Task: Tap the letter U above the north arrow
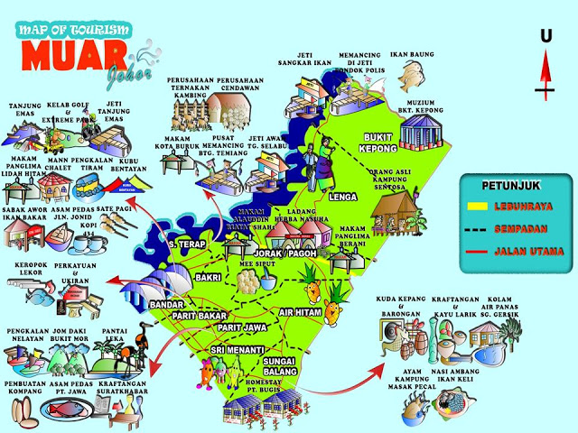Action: pos(545,36)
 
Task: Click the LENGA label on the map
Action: pos(345,195)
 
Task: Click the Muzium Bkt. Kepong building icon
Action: pos(424,133)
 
